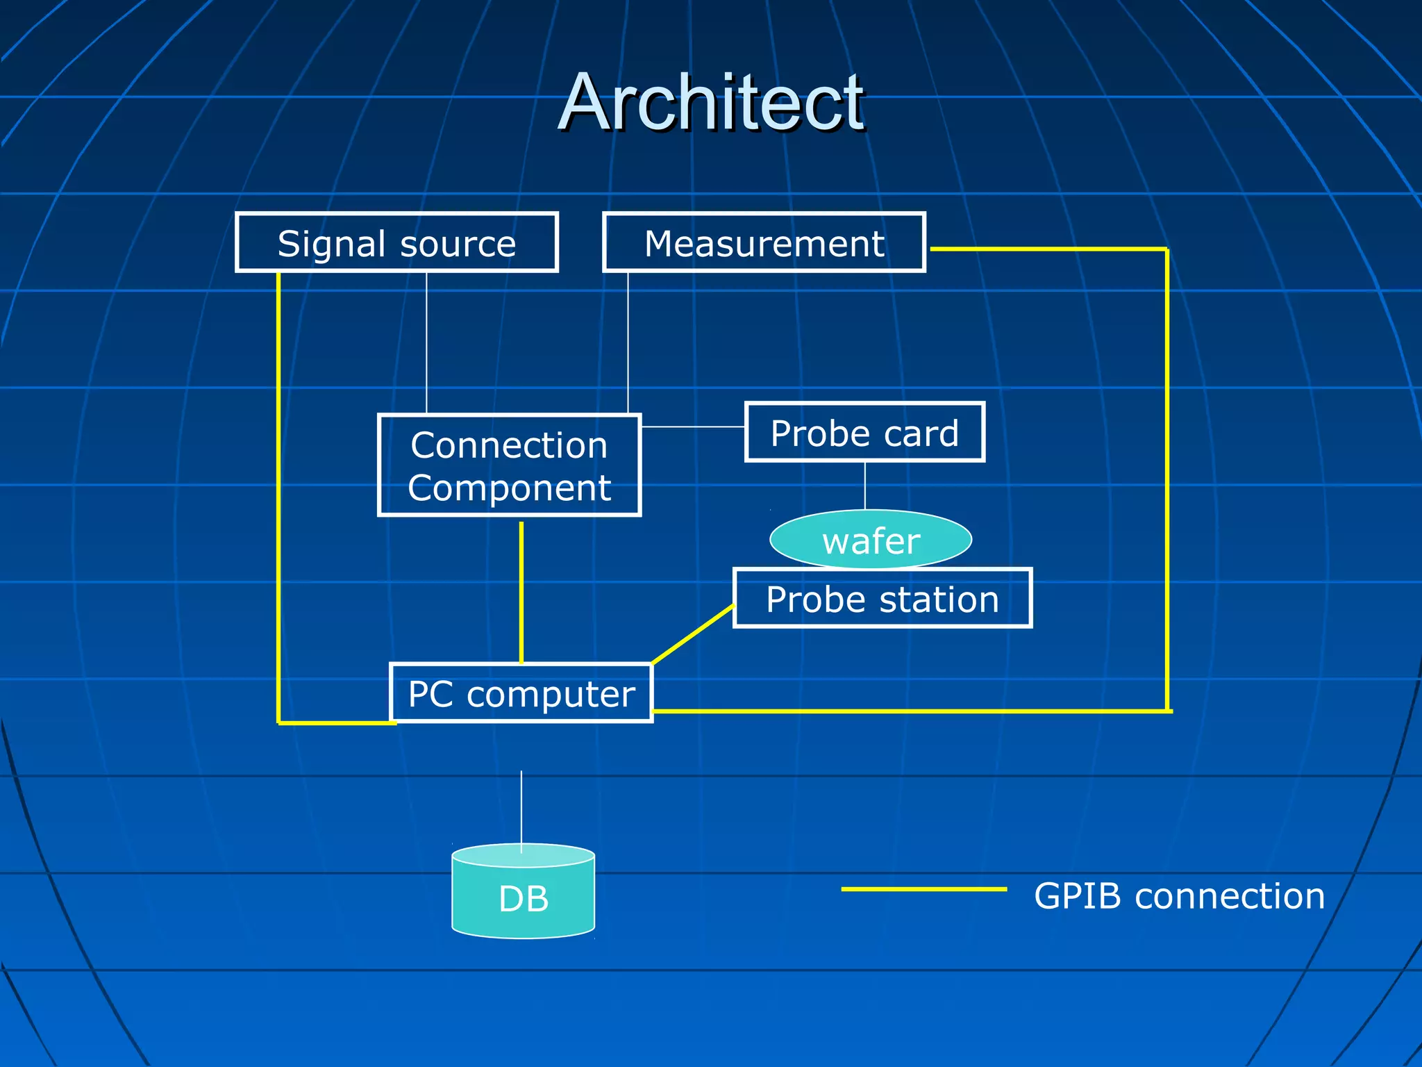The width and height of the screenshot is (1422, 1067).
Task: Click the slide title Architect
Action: (712, 103)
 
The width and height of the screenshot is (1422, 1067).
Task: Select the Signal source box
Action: (396, 242)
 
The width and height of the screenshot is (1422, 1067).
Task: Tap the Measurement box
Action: (764, 242)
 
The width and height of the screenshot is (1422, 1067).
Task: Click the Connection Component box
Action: (509, 465)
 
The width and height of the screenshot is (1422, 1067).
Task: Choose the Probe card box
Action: (864, 432)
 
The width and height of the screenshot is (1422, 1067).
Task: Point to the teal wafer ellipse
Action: (871, 540)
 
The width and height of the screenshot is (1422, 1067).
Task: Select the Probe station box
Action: (883, 598)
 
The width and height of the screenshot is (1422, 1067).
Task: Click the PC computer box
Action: (521, 693)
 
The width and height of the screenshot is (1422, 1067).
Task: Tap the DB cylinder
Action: (523, 896)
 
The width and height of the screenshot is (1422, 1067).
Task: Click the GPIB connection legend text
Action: (1179, 895)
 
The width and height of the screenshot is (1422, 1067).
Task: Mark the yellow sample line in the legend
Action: (923, 888)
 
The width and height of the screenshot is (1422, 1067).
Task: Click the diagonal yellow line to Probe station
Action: (693, 634)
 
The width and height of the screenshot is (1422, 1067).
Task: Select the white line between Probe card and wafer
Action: (864, 486)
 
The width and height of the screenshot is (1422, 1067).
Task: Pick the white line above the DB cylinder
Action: (521, 809)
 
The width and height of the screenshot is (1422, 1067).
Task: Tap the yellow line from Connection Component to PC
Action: (521, 590)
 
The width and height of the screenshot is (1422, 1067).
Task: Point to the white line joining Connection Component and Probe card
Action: (693, 427)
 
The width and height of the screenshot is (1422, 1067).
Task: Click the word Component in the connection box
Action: (509, 488)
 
